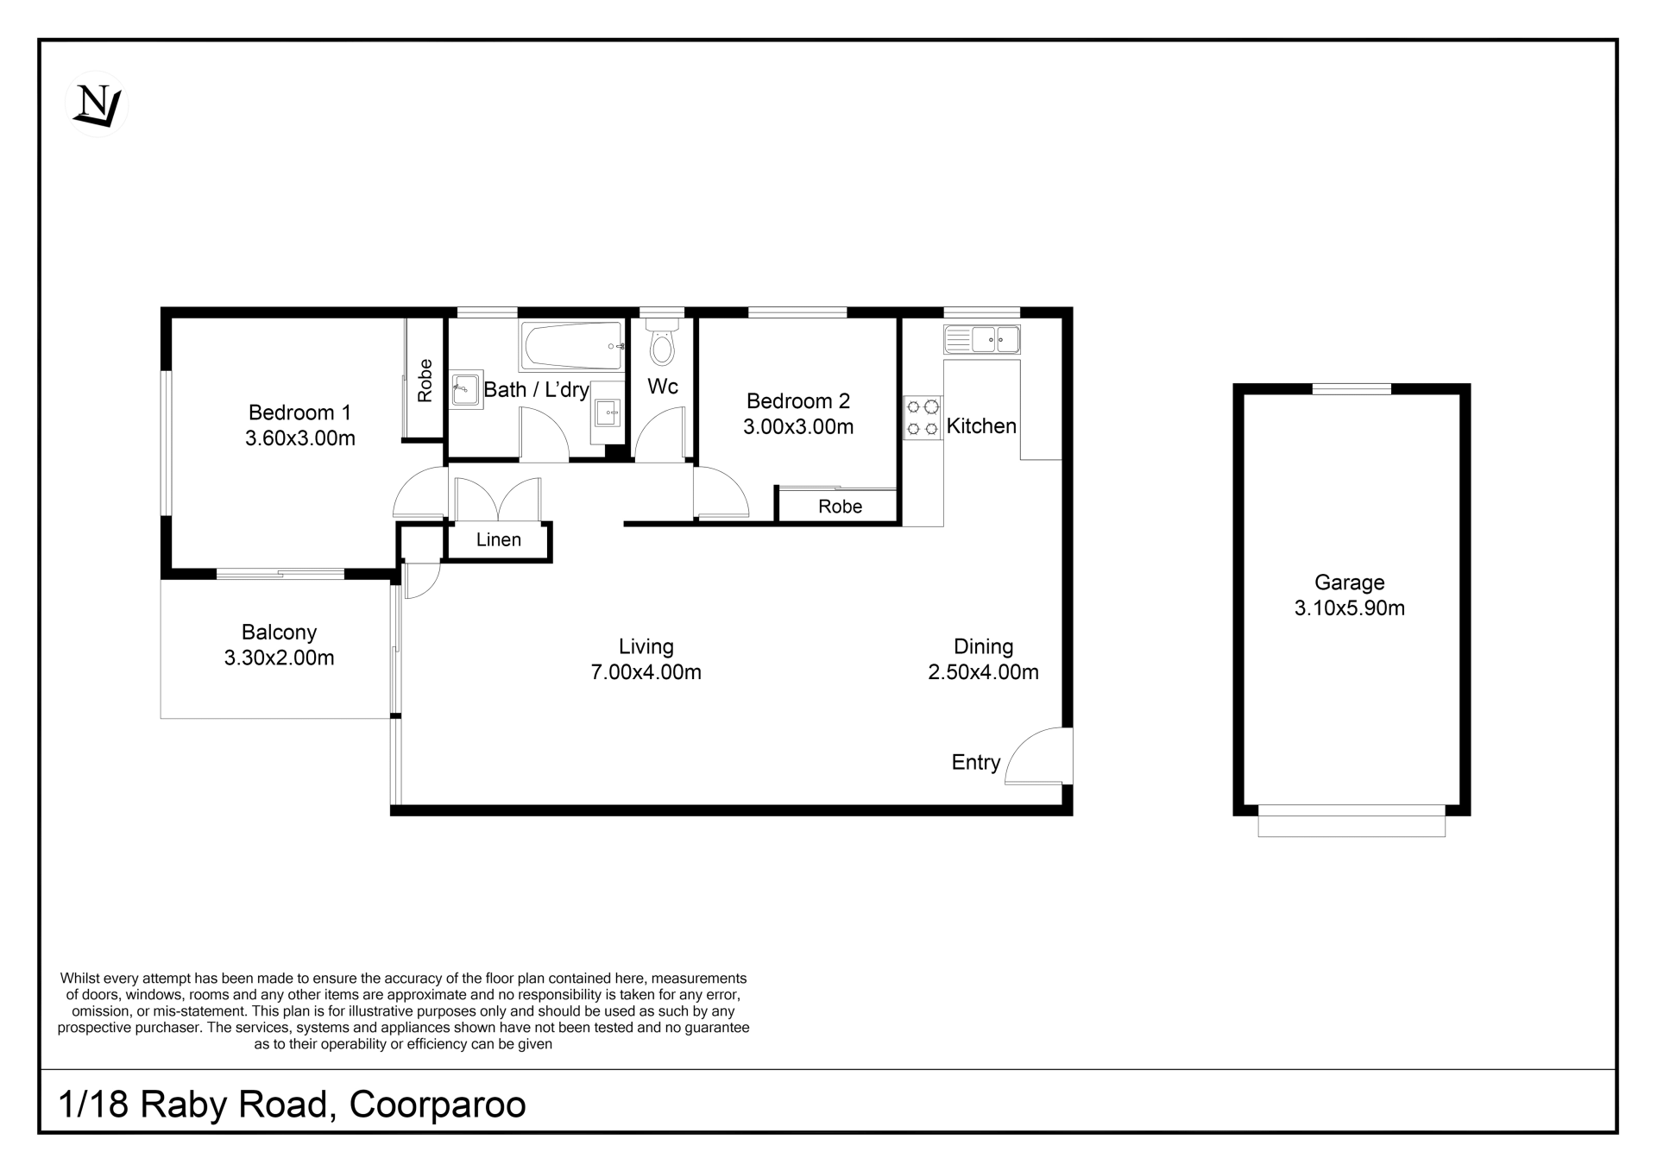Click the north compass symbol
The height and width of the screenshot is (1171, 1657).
tap(97, 104)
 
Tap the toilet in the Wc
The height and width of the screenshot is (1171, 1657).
tap(662, 343)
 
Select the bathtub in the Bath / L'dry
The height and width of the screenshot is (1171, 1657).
tap(571, 345)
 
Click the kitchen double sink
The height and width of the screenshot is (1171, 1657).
tap(982, 339)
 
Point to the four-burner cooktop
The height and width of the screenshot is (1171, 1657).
tap(923, 417)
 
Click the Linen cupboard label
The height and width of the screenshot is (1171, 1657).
tap(499, 539)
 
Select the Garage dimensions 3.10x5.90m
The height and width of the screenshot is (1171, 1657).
tap(1350, 608)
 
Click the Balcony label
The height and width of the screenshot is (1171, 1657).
tap(279, 633)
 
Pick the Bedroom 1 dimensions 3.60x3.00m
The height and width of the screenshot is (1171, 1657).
tap(300, 438)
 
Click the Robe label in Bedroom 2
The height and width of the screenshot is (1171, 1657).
tap(841, 507)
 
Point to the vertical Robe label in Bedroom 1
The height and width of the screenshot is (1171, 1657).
tap(425, 381)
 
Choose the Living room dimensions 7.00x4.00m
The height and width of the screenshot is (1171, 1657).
tap(646, 672)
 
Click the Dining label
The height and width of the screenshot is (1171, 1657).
tap(983, 647)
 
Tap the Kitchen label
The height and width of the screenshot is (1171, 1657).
tap(981, 425)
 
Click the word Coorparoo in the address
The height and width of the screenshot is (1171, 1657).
tap(438, 1105)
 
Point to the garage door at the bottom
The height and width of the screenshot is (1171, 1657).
tap(1351, 821)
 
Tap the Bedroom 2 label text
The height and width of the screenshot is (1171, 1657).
tap(798, 401)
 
